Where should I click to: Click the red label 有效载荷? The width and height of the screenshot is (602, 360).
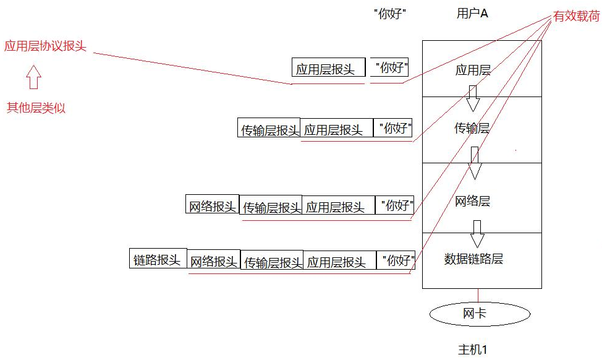pyautogui.click(x=575, y=17)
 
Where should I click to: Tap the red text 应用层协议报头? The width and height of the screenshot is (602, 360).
pyautogui.click(x=45, y=46)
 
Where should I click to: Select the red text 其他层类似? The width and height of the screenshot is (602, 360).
pyautogui.click(x=36, y=108)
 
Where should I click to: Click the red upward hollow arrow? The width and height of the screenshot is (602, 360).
pyautogui.click(x=33, y=79)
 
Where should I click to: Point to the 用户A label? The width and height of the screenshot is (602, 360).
pyautogui.click(x=472, y=14)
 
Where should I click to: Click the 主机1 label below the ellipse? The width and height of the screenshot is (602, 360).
pyautogui.click(x=472, y=349)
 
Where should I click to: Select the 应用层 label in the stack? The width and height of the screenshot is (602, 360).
pyautogui.click(x=473, y=70)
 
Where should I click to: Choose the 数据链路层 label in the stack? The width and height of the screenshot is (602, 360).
pyautogui.click(x=473, y=259)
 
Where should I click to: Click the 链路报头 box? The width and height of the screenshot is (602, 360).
pyautogui.click(x=157, y=259)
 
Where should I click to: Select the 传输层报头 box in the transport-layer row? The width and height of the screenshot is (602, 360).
pyautogui.click(x=269, y=129)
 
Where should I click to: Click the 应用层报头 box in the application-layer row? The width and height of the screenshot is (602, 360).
pyautogui.click(x=324, y=69)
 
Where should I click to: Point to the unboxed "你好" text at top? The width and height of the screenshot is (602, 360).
pyautogui.click(x=391, y=14)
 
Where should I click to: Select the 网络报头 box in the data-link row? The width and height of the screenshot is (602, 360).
pyautogui.click(x=213, y=261)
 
